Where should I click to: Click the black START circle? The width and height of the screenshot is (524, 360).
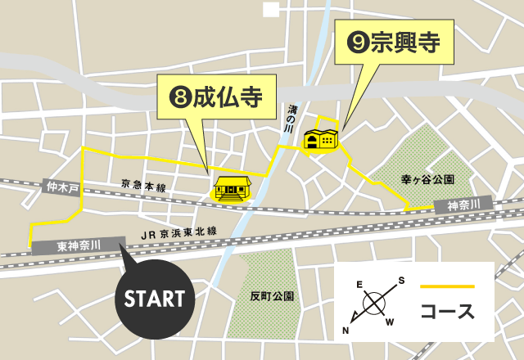point(154,298)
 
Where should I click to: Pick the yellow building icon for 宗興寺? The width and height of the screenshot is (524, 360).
point(321,139)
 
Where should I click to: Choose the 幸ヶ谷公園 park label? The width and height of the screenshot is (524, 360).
point(427,178)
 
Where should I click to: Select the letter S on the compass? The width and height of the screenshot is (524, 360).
point(401,281)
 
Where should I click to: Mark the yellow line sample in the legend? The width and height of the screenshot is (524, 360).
point(447,286)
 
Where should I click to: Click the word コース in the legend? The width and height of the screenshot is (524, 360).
point(447,313)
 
